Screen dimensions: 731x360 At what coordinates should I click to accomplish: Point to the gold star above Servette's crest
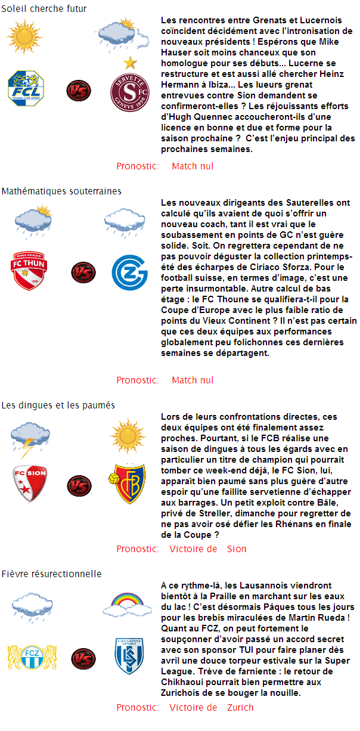pyautogui.click(x=129, y=63)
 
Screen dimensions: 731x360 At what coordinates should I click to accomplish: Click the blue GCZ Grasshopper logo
pyautogui.click(x=129, y=272)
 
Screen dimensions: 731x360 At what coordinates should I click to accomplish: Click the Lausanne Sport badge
pyautogui.click(x=129, y=656)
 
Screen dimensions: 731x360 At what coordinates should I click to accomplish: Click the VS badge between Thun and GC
pyautogui.click(x=83, y=272)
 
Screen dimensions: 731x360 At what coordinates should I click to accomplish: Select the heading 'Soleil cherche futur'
pyautogui.click(x=44, y=9)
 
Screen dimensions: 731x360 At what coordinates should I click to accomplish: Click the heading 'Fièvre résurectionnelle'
pyautogui.click(x=51, y=574)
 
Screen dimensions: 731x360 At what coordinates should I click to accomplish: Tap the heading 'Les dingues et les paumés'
pyautogui.click(x=58, y=405)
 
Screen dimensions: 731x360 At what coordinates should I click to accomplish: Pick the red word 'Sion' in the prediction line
pyautogui.click(x=237, y=549)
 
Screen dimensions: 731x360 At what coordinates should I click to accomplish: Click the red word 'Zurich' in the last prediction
pyautogui.click(x=240, y=707)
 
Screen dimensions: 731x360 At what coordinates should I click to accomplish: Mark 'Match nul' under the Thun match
pyautogui.click(x=193, y=380)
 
